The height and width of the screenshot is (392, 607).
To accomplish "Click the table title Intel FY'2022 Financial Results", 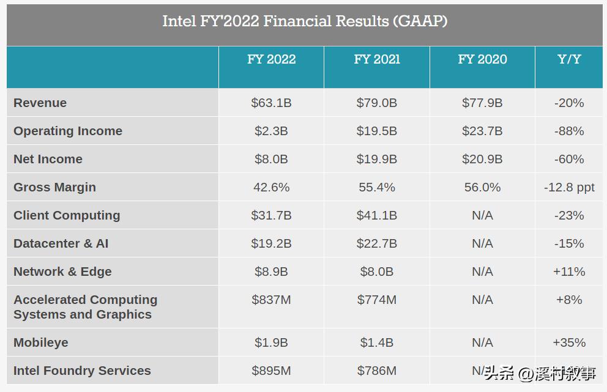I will tap(304, 21).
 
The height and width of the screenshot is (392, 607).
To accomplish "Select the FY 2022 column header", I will tap(271, 59).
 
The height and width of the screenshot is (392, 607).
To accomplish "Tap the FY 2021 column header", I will tap(377, 59).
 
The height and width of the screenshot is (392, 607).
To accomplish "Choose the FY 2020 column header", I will tap(482, 59).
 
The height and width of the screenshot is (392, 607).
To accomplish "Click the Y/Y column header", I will tap(569, 59).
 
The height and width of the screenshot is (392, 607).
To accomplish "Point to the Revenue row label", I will tap(40, 103).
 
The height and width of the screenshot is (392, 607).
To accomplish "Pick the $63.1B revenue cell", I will tap(271, 103).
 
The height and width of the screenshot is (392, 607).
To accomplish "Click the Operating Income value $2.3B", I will tap(271, 131).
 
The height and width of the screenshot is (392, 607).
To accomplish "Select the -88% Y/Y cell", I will tap(569, 131).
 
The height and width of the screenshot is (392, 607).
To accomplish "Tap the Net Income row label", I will tap(48, 159).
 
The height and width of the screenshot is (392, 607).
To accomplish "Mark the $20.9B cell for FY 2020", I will tap(482, 159).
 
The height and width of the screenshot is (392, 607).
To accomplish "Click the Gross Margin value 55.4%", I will tap(377, 187).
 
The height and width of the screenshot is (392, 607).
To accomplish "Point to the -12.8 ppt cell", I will tap(569, 187).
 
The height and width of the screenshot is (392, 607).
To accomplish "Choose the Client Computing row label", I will tap(67, 215).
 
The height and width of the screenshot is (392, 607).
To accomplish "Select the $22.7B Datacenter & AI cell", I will tap(377, 243).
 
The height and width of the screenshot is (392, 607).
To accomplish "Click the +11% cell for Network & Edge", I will tap(569, 272).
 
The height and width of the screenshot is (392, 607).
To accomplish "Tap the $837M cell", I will tap(271, 300).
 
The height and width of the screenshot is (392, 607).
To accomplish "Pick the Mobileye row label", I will tap(41, 342).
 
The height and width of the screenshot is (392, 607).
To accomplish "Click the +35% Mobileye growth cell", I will tap(569, 342).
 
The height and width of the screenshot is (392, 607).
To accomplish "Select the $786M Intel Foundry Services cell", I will tap(377, 371).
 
